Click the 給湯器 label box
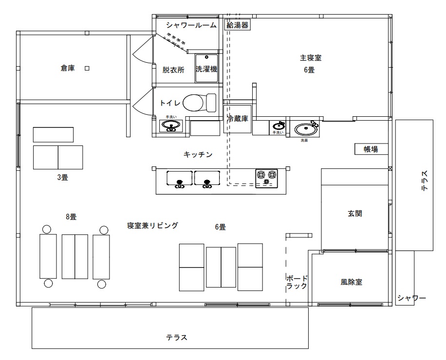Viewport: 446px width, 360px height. click(x=238, y=25)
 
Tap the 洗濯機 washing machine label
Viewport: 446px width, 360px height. click(x=206, y=70)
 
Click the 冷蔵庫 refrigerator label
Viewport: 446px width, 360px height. click(x=238, y=118)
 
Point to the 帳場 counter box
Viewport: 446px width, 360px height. click(x=371, y=149)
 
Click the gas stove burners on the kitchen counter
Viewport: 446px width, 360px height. click(x=266, y=177)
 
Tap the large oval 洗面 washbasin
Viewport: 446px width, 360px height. click(x=305, y=129)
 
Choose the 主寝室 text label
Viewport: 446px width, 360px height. click(x=310, y=58)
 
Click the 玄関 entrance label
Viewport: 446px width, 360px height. click(x=354, y=213)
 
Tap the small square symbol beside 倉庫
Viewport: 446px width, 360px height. click(x=87, y=69)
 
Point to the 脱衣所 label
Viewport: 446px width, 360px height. click(x=173, y=70)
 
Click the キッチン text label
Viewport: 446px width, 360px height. click(x=198, y=155)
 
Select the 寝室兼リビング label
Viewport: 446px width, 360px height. click(x=152, y=226)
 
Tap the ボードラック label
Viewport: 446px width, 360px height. click(x=297, y=282)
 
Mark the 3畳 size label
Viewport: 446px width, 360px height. click(x=62, y=178)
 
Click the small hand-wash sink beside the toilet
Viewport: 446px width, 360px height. click(x=170, y=126)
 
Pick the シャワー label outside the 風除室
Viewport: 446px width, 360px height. click(x=411, y=298)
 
